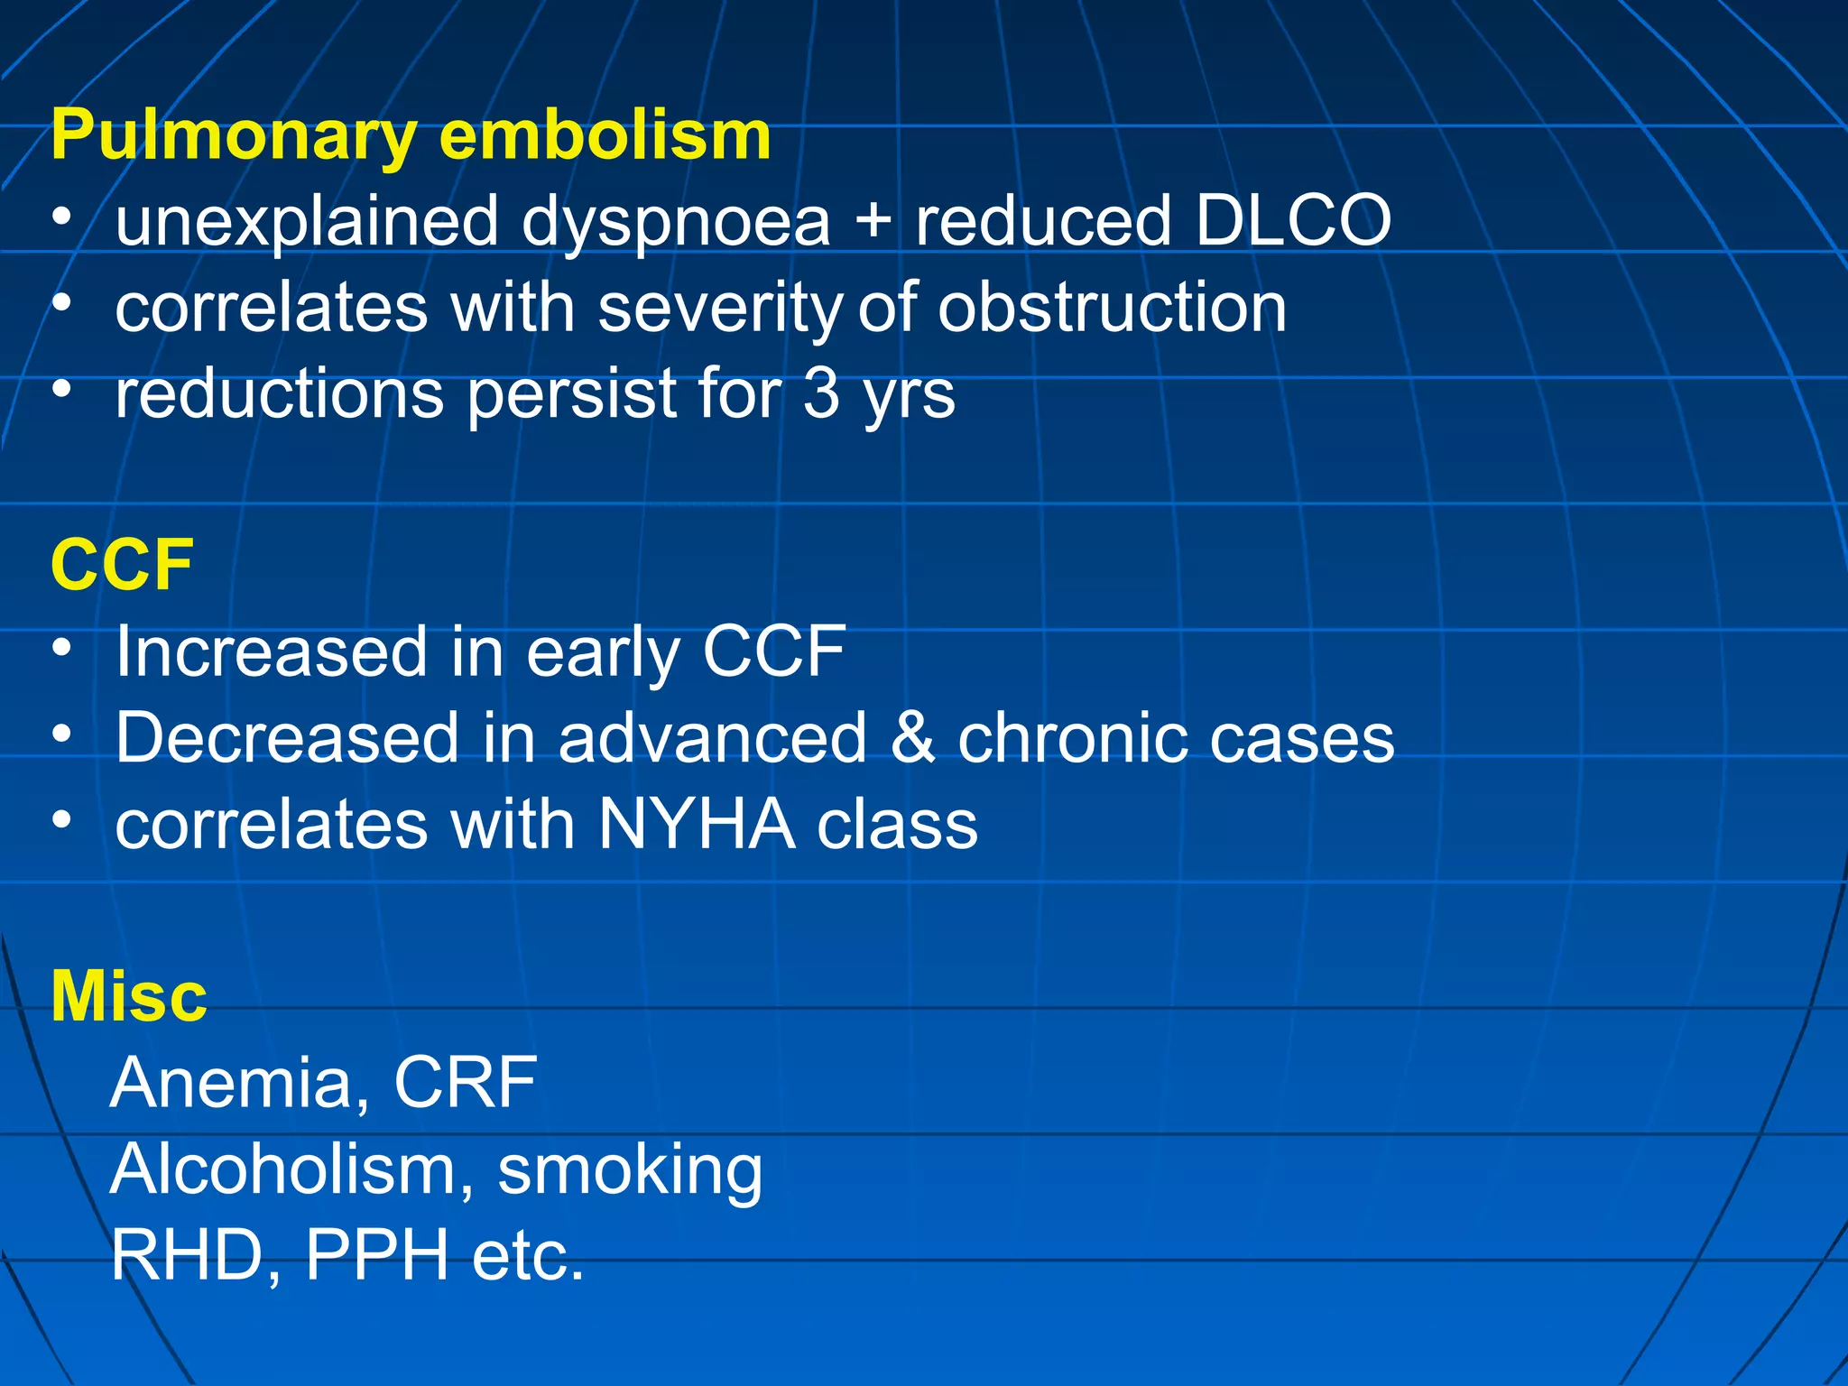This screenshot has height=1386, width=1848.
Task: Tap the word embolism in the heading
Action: (x=605, y=135)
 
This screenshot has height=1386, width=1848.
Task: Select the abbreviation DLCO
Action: (x=1293, y=221)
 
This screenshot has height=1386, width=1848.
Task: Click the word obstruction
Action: (x=1112, y=308)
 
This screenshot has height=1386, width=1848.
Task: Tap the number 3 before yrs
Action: (x=820, y=394)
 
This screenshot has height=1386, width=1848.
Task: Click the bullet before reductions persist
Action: (x=61, y=389)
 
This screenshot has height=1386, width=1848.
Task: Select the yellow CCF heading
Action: (x=122, y=566)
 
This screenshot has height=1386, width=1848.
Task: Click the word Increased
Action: (x=271, y=651)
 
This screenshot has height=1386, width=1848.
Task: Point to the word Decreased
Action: (x=287, y=738)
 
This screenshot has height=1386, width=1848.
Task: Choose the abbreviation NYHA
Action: (x=696, y=824)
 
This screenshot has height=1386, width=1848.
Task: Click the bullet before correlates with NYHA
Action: (x=61, y=819)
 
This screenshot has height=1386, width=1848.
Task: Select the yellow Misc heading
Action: (x=129, y=996)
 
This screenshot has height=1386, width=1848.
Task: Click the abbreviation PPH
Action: (x=377, y=1255)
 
